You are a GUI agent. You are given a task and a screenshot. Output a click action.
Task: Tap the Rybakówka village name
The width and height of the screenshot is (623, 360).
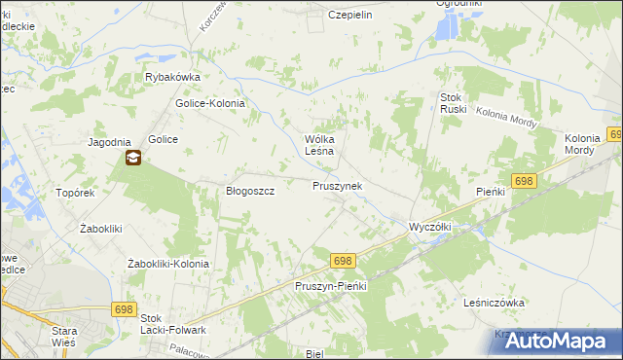coord(172,78)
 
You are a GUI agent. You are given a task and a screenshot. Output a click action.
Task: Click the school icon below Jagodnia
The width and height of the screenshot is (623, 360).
coord(132,158)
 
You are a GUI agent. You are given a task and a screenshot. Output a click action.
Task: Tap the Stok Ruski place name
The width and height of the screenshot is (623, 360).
coord(454,103)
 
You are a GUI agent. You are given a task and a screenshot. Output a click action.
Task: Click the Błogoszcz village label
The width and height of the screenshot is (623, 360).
coord(250,192)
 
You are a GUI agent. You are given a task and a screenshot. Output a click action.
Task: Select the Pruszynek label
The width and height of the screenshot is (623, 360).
coord(338,185)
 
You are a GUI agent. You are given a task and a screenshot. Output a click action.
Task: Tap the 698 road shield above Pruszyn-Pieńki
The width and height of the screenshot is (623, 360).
coord(342,261)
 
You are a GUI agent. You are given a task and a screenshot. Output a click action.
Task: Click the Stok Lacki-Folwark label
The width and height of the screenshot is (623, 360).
coord(173,324)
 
